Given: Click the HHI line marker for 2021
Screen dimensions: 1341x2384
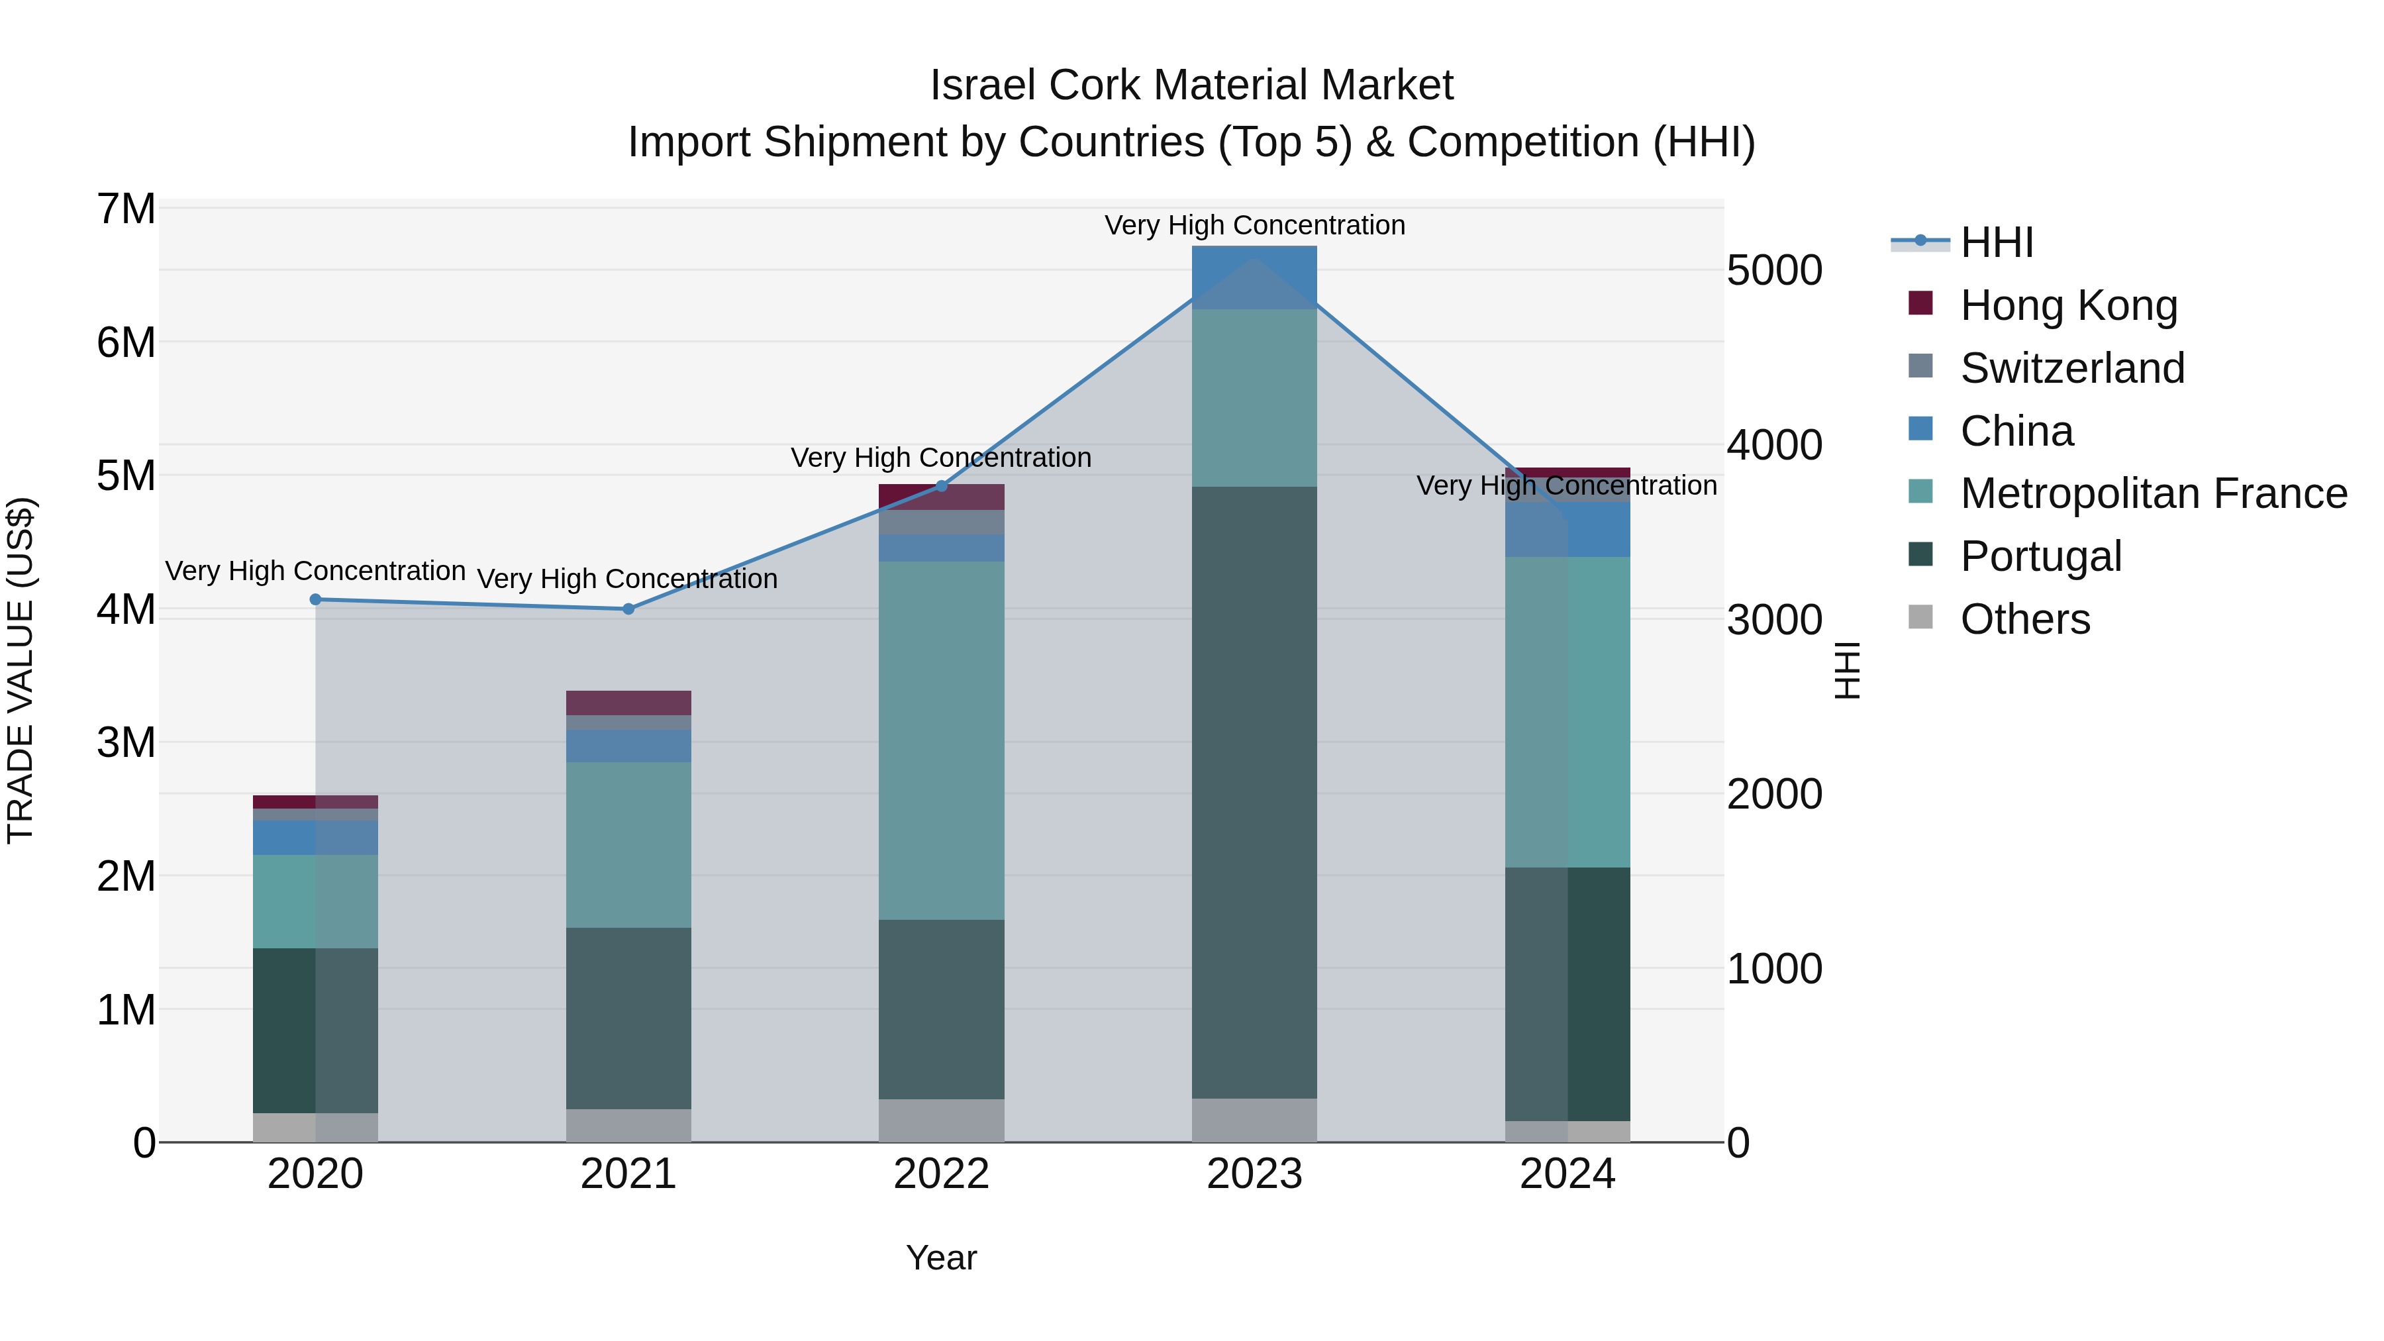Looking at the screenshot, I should coord(628,609).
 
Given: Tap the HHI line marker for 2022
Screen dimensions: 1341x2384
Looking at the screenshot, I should coord(942,486).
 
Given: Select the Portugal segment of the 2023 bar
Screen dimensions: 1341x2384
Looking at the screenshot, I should coord(1254,791).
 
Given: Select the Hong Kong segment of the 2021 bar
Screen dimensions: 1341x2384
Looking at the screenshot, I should coord(628,703).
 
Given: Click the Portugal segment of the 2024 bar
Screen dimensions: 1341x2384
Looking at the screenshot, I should coord(1567,994).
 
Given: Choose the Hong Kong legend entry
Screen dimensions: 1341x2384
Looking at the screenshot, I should coord(2067,305).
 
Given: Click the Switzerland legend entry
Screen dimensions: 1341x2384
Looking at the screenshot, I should coord(2071,368).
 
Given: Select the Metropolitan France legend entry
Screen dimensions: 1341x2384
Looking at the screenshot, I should coord(2153,493).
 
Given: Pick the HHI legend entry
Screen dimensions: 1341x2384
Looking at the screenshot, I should coord(1995,242).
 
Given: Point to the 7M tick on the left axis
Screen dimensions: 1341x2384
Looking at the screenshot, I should coord(126,209).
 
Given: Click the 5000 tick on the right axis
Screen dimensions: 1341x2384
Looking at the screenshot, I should coord(1774,270).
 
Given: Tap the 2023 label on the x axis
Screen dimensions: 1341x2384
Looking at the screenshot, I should coord(1254,1174).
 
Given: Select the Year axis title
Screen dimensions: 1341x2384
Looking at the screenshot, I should coord(941,1258).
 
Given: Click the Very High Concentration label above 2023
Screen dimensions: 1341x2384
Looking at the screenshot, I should coord(1254,225).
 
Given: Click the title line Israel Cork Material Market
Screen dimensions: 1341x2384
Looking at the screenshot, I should coord(1191,85).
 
